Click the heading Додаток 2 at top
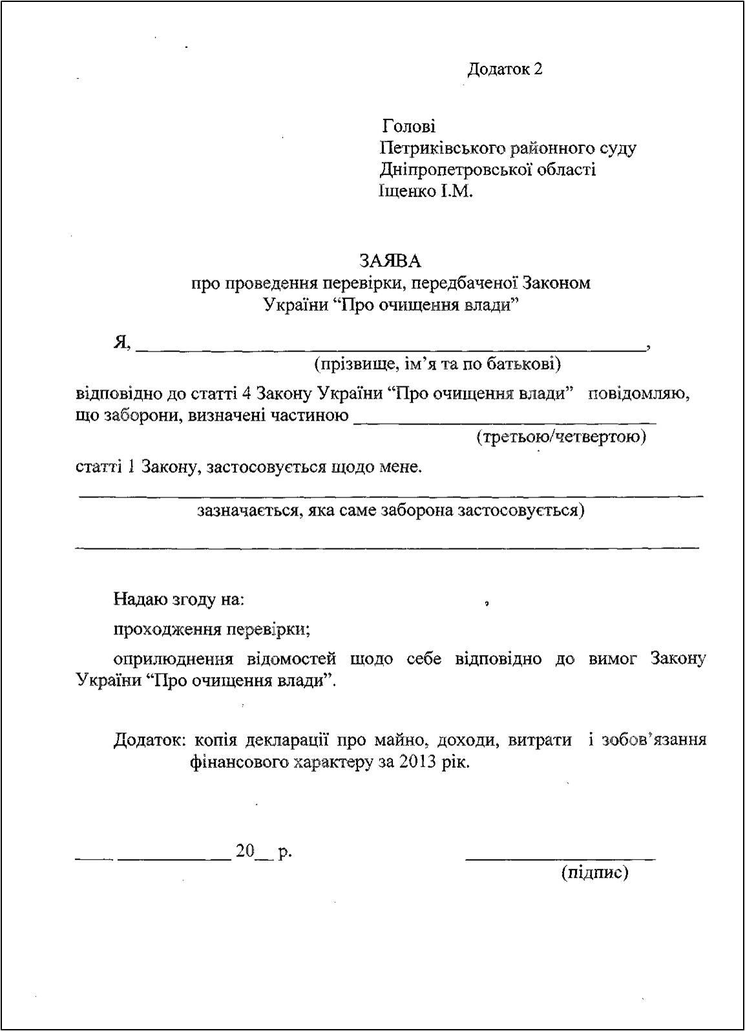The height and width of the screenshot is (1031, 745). point(505,69)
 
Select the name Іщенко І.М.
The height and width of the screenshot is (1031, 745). point(426,192)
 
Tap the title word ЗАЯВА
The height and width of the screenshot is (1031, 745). point(390,260)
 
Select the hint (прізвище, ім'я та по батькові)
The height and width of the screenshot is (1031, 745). point(437,364)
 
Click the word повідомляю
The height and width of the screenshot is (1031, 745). point(638,393)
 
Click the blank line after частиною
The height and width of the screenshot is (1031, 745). point(505,421)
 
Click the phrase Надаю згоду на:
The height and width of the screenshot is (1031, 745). point(179,599)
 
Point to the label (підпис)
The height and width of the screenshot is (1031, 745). point(595,873)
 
